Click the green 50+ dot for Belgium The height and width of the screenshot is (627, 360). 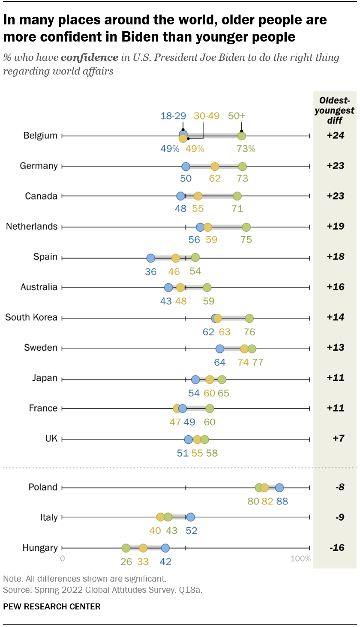click(242, 136)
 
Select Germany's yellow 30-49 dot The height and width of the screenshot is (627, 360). click(215, 167)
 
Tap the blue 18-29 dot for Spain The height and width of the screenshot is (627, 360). click(150, 258)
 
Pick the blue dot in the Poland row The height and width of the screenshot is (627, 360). click(279, 487)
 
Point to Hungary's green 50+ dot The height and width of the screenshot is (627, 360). click(126, 548)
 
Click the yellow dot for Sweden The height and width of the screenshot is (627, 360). click(244, 349)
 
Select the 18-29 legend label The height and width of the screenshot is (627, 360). click(173, 116)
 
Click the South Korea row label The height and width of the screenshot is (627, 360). click(31, 317)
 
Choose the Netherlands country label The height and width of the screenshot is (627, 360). click(32, 226)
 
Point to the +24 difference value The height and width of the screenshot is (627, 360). click(335, 135)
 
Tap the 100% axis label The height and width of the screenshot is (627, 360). click(300, 558)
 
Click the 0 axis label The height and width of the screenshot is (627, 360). click(63, 558)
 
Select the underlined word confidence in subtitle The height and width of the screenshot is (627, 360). click(90, 57)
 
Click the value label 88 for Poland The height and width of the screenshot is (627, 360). click(282, 501)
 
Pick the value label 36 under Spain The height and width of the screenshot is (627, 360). click(150, 272)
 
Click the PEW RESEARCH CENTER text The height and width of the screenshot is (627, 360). click(52, 606)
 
